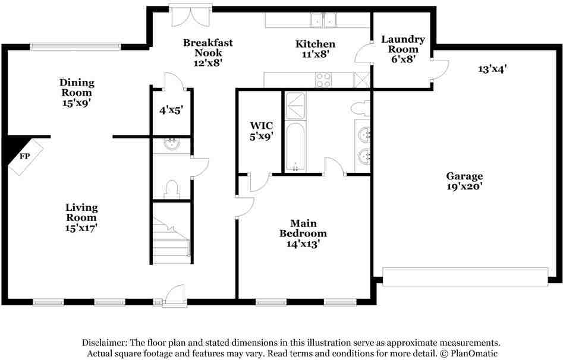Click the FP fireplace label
[25, 156]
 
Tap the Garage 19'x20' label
[465, 181]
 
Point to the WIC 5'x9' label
[262, 131]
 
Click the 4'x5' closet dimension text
[171, 110]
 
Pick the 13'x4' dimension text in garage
[492, 68]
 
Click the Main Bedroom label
[303, 233]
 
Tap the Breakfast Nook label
[208, 53]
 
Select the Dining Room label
[77, 93]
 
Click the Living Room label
[81, 217]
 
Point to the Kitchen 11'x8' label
[316, 49]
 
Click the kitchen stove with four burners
[323, 80]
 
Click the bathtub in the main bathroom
[295, 147]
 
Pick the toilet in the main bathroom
[361, 108]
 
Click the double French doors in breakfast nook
[191, 15]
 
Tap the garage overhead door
[465, 276]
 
